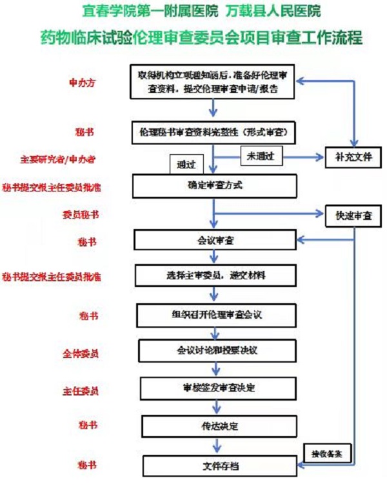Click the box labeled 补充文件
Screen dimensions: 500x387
point(353,157)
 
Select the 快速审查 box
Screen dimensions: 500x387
point(353,214)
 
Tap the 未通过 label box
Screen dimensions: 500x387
point(261,156)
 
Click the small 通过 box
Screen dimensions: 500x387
point(186,164)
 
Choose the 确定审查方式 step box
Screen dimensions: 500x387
point(215,186)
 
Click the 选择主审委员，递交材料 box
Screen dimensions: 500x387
point(216,275)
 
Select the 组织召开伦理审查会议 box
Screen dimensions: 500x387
point(217,315)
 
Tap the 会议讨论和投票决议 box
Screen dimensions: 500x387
point(217,350)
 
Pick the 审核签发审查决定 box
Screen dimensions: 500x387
point(218,388)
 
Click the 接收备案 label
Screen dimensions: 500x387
point(327,454)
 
